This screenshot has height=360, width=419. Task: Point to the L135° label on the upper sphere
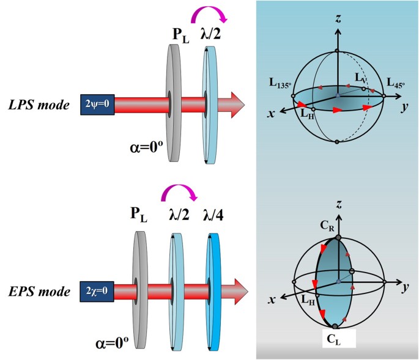pos(276,83)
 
